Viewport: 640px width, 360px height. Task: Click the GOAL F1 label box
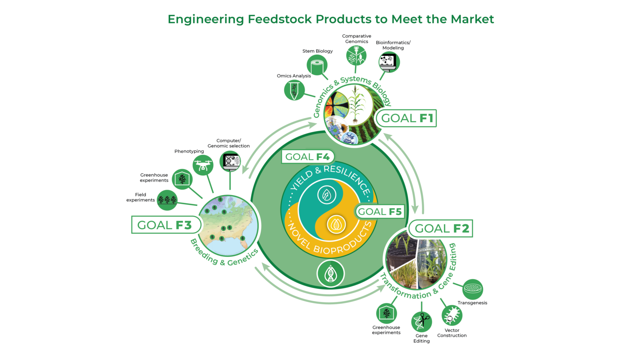pyautogui.click(x=406, y=118)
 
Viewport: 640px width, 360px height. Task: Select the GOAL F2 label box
pyautogui.click(x=441, y=228)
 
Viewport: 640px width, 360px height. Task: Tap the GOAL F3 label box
pyautogui.click(x=165, y=225)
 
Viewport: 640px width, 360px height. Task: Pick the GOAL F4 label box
pyautogui.click(x=307, y=157)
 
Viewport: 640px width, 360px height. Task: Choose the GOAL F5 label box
pyautogui.click(x=379, y=212)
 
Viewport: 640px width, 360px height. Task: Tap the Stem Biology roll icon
pyautogui.click(x=317, y=65)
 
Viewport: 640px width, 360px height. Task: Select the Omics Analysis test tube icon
pyautogui.click(x=294, y=90)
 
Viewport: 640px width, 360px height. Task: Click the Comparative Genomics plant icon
pyautogui.click(x=356, y=55)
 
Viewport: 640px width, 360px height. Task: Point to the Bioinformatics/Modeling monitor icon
pyautogui.click(x=389, y=62)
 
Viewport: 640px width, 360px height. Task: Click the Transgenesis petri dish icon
pyautogui.click(x=472, y=289)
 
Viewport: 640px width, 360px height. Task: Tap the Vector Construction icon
pyautogui.click(x=452, y=316)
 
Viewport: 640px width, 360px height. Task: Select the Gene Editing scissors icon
pyautogui.click(x=422, y=322)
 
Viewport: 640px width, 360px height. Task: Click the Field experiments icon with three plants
pyautogui.click(x=167, y=200)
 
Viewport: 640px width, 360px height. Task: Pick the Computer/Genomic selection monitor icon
pyautogui.click(x=230, y=161)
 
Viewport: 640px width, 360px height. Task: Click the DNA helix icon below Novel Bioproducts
pyautogui.click(x=330, y=274)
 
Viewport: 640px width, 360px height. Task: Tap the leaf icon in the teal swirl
pyautogui.click(x=327, y=194)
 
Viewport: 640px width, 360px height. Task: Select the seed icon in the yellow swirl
pyautogui.click(x=336, y=225)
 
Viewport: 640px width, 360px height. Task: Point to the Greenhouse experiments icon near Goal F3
pyautogui.click(x=182, y=179)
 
